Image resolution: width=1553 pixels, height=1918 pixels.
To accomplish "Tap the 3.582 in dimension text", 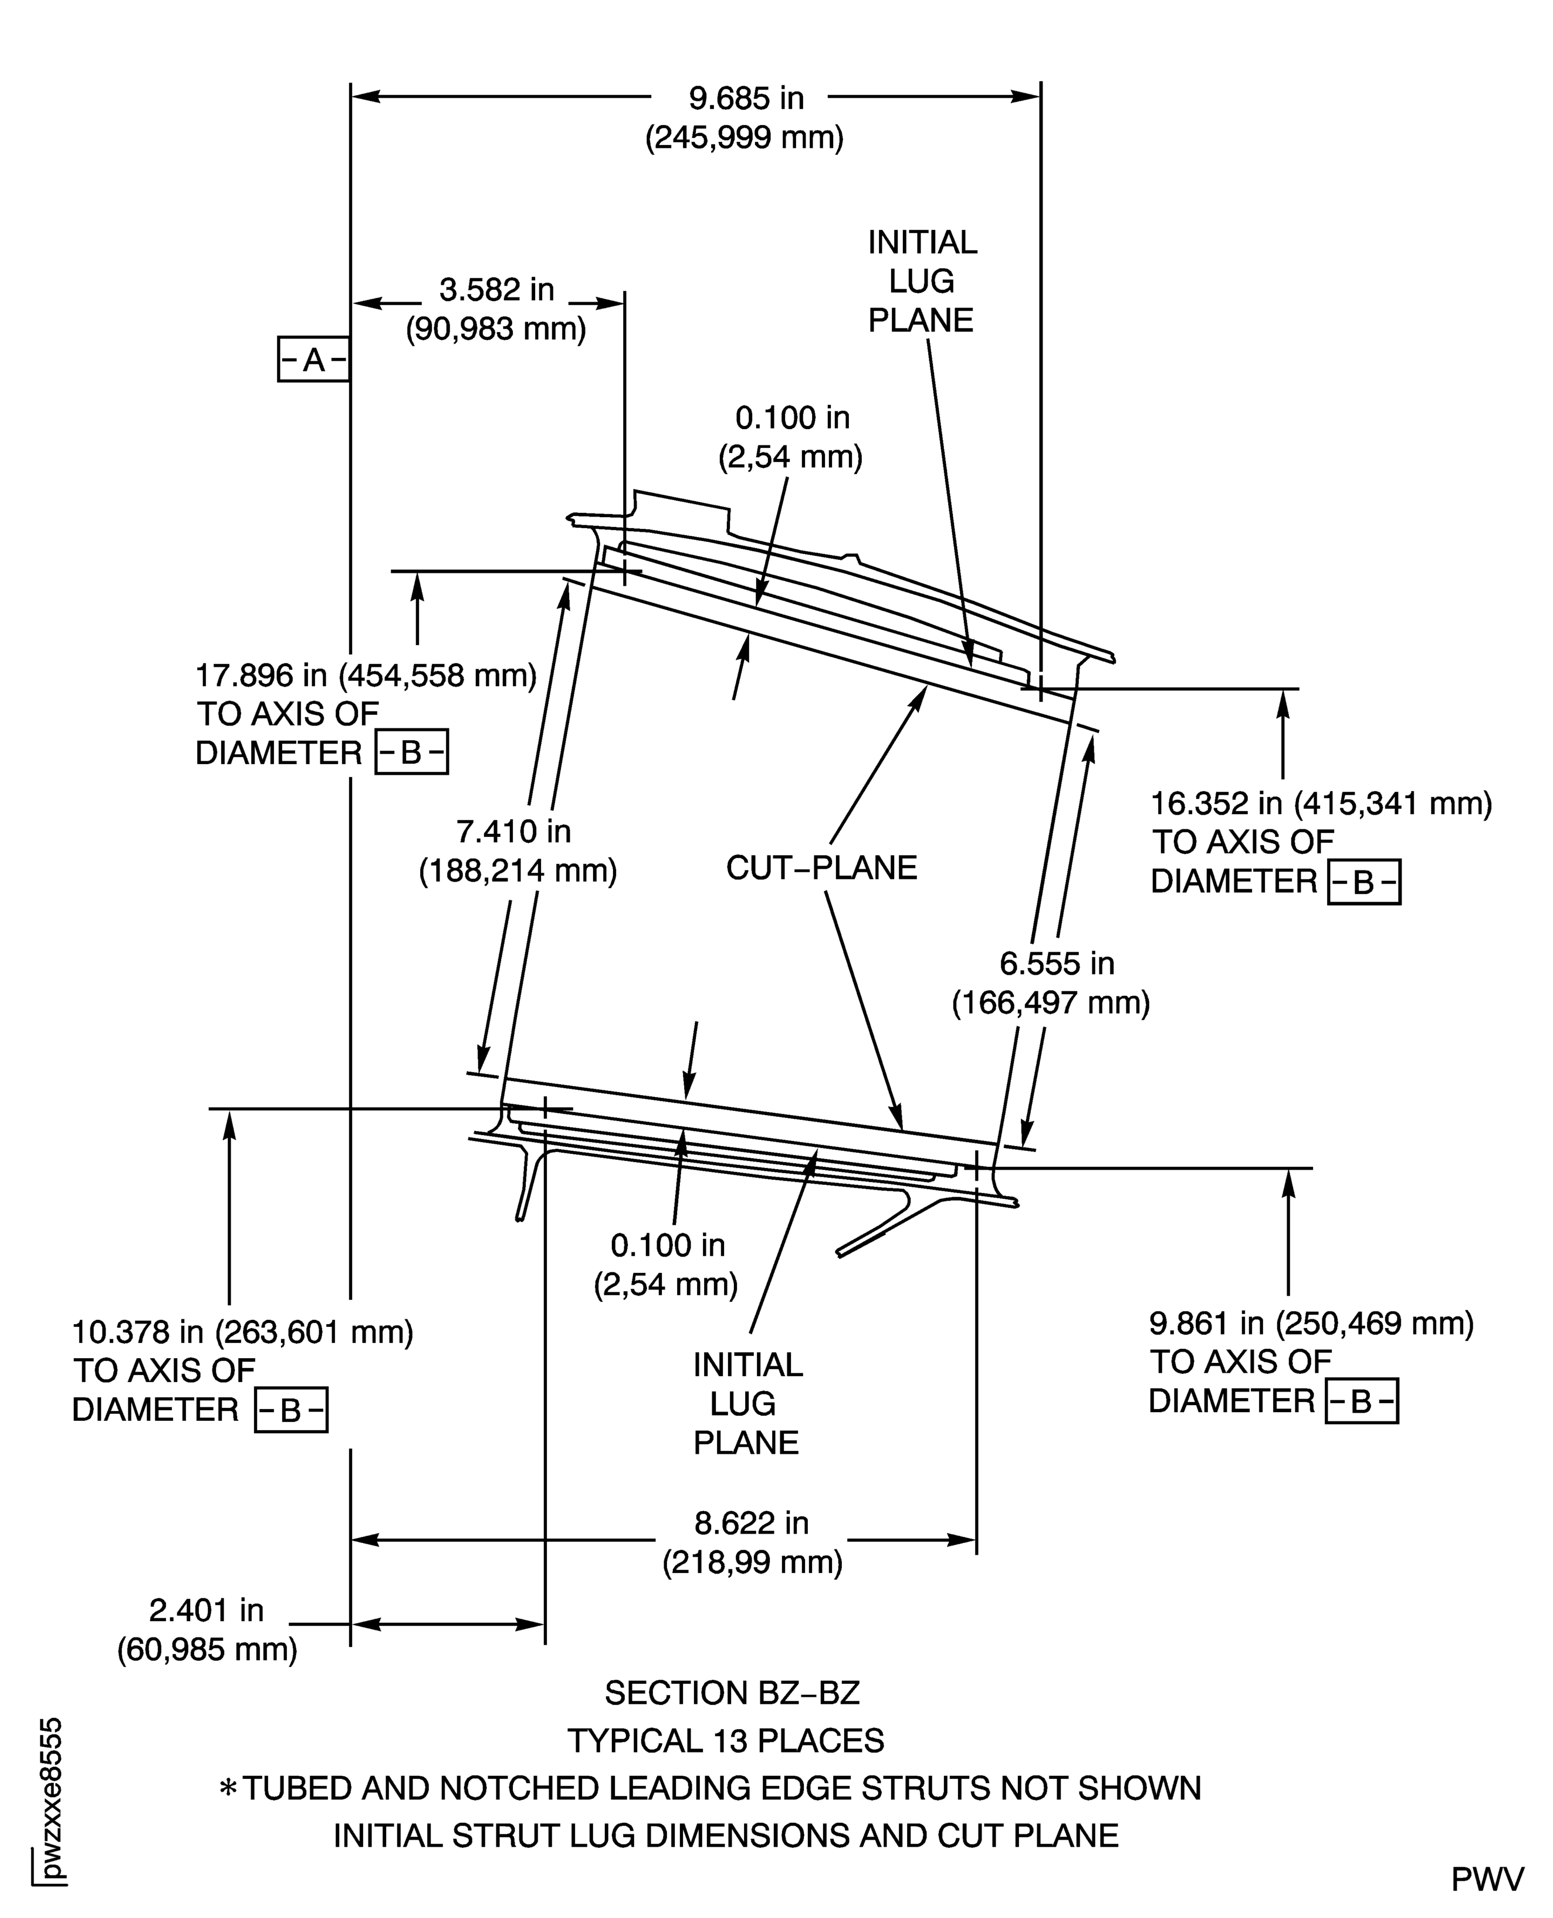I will [496, 290].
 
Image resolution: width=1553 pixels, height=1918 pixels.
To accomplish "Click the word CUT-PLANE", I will [821, 868].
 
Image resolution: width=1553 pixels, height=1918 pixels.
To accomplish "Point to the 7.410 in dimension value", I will [513, 832].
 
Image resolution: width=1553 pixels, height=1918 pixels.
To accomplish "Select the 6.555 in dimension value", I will [1057, 964].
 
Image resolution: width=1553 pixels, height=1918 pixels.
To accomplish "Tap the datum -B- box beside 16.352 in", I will [1363, 883].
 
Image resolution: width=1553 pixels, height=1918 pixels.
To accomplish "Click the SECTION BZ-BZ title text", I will [732, 1693].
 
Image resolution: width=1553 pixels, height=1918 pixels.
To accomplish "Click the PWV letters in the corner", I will [1487, 1880].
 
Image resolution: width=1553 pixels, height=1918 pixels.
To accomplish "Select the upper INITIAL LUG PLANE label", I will [922, 281].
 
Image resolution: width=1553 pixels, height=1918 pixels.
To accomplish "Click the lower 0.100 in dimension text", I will [667, 1245].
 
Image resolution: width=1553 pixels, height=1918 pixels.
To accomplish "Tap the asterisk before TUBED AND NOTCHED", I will [228, 1789].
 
